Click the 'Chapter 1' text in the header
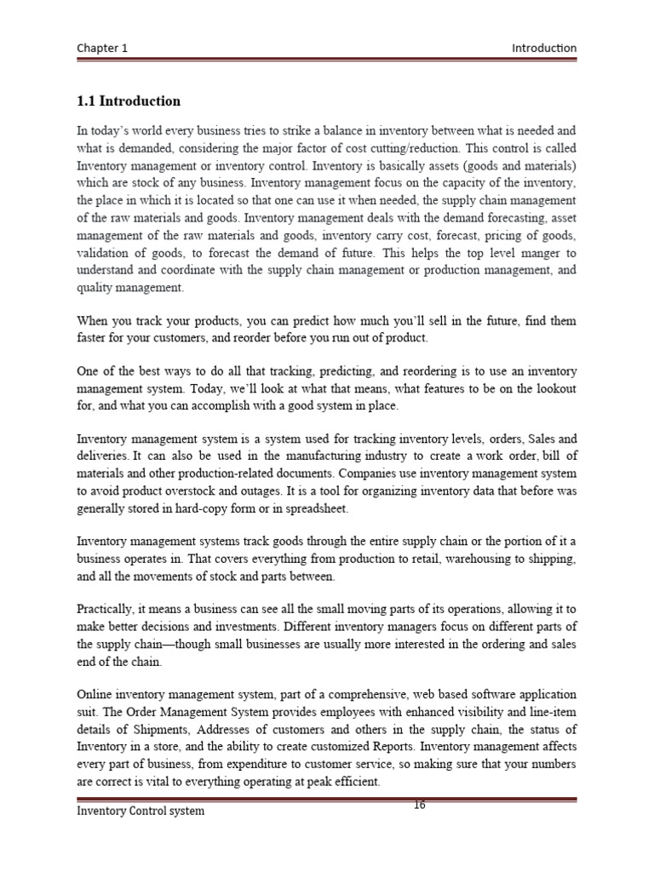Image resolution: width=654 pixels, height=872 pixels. [x=102, y=49]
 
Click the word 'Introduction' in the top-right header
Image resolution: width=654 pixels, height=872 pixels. [x=543, y=49]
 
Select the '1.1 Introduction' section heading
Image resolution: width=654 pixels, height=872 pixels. [x=129, y=101]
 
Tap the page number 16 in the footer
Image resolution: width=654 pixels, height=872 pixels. [x=419, y=806]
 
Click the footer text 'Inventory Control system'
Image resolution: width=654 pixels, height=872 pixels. [x=141, y=811]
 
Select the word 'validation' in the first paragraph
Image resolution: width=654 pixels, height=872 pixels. [x=102, y=255]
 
